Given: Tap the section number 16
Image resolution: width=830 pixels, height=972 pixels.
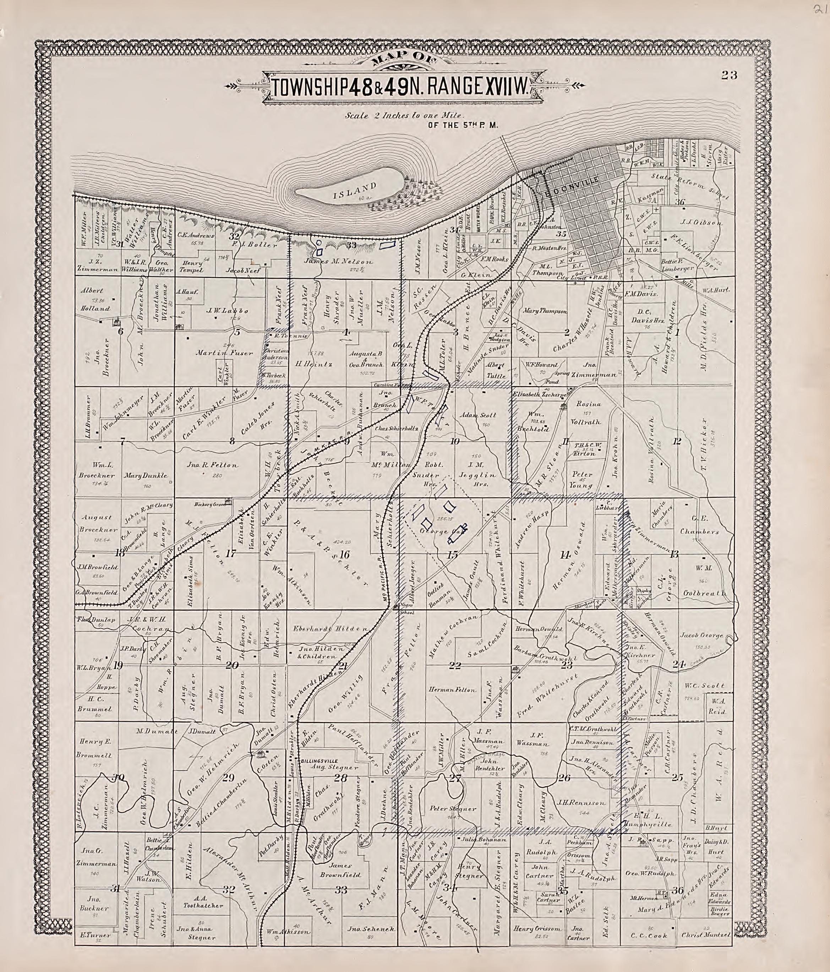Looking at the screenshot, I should (x=344, y=554).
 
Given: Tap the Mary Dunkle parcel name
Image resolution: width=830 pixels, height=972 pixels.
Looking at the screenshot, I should (x=146, y=475).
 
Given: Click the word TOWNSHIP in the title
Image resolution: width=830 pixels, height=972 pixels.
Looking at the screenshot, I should (x=310, y=87).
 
